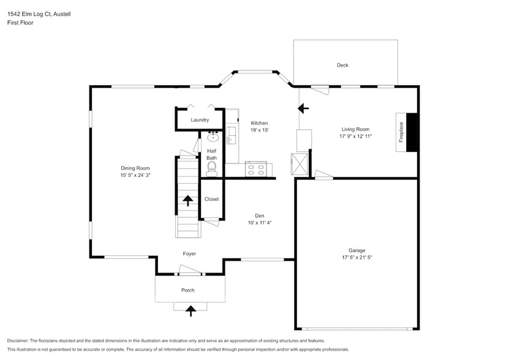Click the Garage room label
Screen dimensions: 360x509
[356, 250]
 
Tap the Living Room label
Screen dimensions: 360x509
[355, 129]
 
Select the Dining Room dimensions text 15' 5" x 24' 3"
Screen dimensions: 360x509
[135, 175]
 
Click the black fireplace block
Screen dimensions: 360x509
[412, 132]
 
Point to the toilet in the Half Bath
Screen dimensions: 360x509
[212, 166]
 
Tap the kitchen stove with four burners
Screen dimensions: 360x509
[255, 169]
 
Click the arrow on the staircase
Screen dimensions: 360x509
[188, 201]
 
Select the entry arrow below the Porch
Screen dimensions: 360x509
[190, 310]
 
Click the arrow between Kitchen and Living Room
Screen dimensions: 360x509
[303, 109]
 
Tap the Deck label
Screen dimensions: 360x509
[342, 66]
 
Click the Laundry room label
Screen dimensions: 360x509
[200, 120]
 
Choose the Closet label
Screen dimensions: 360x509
[211, 199]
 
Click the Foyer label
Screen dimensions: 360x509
[189, 253]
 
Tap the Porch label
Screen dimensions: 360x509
[187, 290]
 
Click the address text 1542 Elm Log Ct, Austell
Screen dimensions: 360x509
[39, 14]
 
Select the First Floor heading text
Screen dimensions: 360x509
[20, 23]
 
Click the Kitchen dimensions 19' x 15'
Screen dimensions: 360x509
[259, 130]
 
